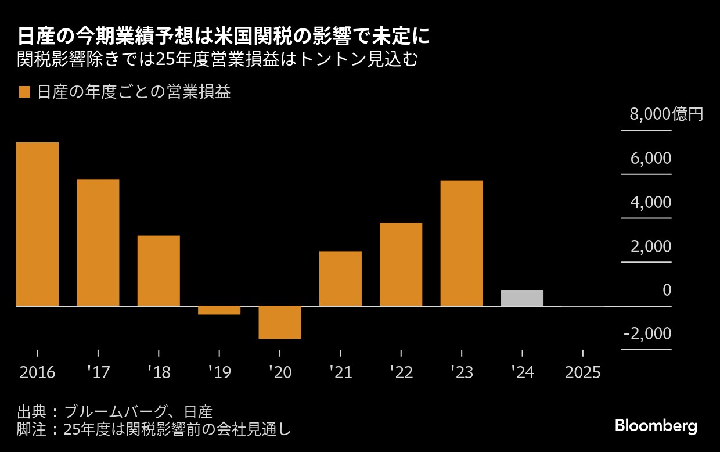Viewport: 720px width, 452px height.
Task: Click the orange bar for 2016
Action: pos(37,224)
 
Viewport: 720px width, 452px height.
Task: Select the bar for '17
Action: pos(98,242)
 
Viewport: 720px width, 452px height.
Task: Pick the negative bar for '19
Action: pos(219,310)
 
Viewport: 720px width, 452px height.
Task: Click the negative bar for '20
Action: pos(280,322)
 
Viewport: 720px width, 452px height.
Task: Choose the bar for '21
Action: pos(340,278)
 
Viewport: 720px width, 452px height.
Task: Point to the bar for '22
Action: pos(401,264)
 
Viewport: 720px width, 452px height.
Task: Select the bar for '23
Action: pos(462,243)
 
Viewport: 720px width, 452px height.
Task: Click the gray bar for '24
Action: pos(522,297)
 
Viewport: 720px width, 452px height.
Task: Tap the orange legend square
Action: pos(24,92)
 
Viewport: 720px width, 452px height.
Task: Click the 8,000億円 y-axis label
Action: pos(666,114)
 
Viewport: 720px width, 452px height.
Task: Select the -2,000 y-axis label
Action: pos(647,333)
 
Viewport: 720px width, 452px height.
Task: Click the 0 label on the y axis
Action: pos(667,290)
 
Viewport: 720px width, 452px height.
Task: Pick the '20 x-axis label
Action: pos(280,372)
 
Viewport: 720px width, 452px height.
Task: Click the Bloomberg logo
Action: pos(656,425)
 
